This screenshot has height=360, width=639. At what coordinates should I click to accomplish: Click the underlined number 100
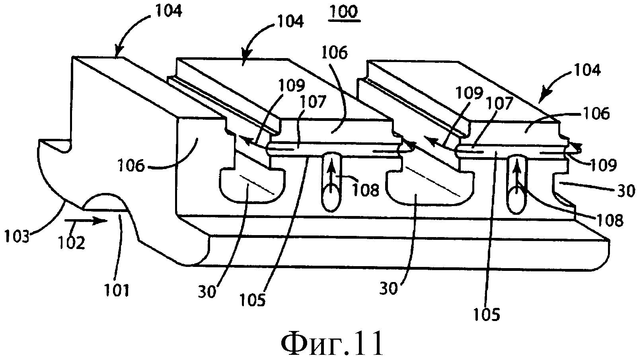pyautogui.click(x=344, y=13)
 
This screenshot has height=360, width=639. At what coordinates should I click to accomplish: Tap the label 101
pyautogui.click(x=117, y=290)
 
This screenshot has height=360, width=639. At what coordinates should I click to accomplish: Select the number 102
pyautogui.click(x=71, y=243)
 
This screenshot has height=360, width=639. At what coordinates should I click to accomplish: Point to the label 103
pyautogui.click(x=17, y=236)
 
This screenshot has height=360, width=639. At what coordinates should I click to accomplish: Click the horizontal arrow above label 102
pyautogui.click(x=86, y=220)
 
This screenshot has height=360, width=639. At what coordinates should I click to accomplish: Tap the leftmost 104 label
pyautogui.click(x=168, y=11)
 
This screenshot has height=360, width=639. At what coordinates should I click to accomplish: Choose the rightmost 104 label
pyautogui.click(x=587, y=70)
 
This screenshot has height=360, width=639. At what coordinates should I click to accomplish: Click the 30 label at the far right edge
pyautogui.click(x=626, y=191)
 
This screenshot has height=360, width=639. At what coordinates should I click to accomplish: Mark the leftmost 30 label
pyautogui.click(x=207, y=292)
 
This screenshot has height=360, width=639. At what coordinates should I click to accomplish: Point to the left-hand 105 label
pyautogui.click(x=253, y=300)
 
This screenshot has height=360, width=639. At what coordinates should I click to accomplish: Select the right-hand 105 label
pyautogui.click(x=487, y=315)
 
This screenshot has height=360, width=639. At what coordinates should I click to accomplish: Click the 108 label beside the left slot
pyautogui.click(x=366, y=190)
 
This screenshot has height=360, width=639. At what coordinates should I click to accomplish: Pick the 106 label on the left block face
pyautogui.click(x=131, y=166)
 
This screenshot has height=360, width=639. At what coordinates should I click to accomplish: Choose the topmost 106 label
pyautogui.click(x=335, y=53)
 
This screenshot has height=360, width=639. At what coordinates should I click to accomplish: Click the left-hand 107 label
pyautogui.click(x=313, y=102)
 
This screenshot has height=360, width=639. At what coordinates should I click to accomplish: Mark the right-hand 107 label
pyautogui.click(x=500, y=103)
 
